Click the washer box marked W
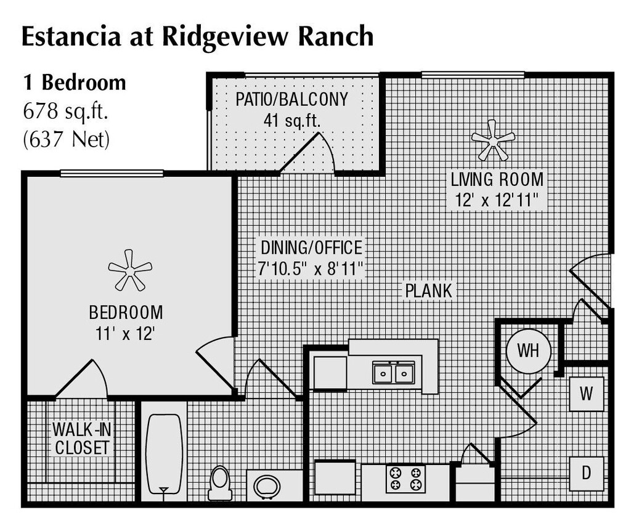click(586, 394)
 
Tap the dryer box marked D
click(586, 473)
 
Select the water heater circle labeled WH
click(528, 351)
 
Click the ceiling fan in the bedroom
click(129, 269)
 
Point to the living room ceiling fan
click(492, 139)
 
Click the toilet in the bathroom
click(219, 482)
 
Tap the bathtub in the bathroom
click(164, 453)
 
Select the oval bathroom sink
click(267, 487)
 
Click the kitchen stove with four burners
click(405, 479)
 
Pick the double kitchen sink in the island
click(393, 373)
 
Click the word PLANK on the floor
click(428, 290)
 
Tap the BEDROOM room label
click(126, 312)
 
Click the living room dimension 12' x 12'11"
click(496, 200)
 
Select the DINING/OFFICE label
click(311, 248)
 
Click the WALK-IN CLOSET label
click(81, 438)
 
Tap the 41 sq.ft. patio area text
click(291, 120)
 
